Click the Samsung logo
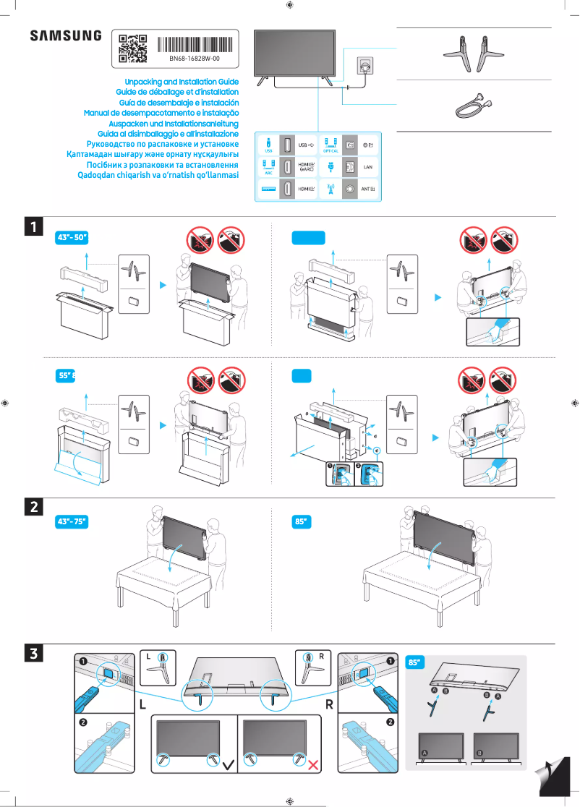[66, 35]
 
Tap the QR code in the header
[132, 48]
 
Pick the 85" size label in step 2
[302, 521]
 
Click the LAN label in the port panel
[367, 166]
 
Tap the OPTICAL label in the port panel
[330, 151]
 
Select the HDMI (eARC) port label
[307, 166]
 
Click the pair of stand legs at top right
[474, 56]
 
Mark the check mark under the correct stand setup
[229, 764]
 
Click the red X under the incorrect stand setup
[314, 764]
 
